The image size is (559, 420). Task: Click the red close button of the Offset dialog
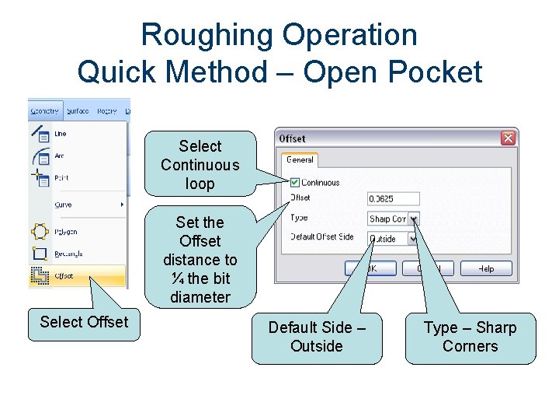(x=508, y=138)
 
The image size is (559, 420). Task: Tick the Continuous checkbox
(x=295, y=183)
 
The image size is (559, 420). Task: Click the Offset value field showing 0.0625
(x=393, y=199)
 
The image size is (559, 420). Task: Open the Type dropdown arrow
(x=414, y=219)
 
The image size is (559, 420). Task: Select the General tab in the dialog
(x=300, y=160)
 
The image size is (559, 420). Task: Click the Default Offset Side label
(x=322, y=237)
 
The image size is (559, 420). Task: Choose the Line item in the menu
(x=61, y=134)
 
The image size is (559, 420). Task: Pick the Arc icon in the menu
(x=40, y=156)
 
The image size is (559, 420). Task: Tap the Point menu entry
(x=61, y=178)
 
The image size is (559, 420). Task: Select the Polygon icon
(x=40, y=232)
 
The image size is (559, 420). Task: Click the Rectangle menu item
(x=68, y=254)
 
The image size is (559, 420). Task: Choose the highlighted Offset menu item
(x=64, y=275)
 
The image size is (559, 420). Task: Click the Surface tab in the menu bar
(x=78, y=111)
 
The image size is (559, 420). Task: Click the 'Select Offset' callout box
(x=84, y=322)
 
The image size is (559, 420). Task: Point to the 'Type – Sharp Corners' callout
(x=470, y=338)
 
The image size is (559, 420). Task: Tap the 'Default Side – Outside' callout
(x=317, y=338)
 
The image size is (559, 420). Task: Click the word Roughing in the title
(x=208, y=35)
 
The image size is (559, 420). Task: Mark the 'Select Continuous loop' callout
(x=200, y=165)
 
